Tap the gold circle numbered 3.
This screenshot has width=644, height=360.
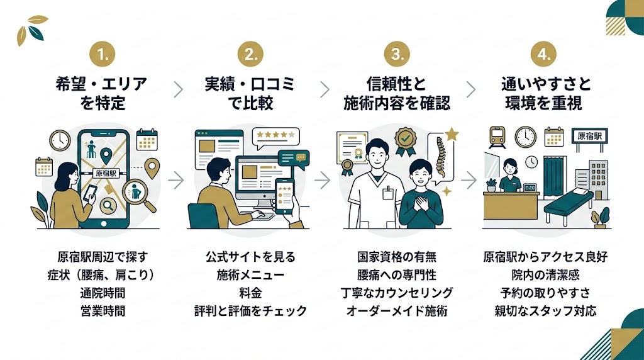(397, 55)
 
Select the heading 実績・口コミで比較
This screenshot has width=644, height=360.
(250, 93)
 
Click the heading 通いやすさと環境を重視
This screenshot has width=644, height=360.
(545, 93)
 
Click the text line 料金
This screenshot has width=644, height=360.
(250, 293)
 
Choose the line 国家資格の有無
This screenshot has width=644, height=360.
(397, 257)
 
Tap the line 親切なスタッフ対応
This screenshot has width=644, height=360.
(545, 310)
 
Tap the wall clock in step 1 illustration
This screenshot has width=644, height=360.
(60, 140)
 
